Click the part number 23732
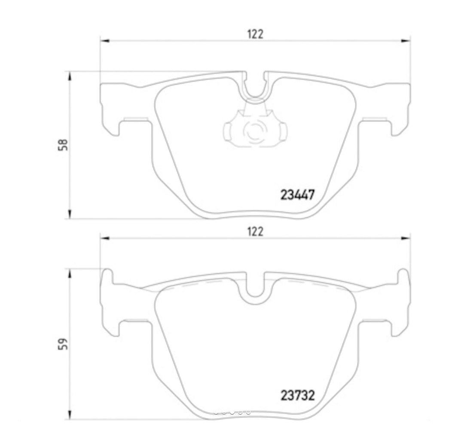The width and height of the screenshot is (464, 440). point(298,394)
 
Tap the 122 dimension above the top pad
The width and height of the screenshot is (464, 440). point(254,34)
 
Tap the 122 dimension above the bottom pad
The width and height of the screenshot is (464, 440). point(254,231)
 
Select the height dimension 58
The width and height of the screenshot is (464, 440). point(63,145)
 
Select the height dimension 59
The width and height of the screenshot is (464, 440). point(63,344)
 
